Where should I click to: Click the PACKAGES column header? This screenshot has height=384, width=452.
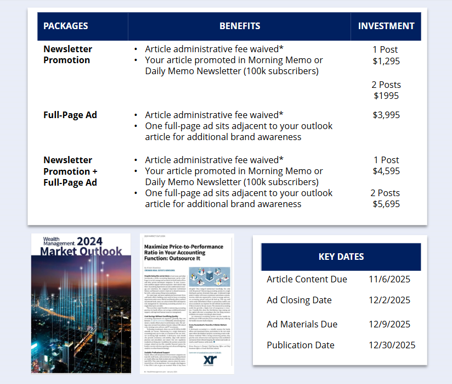coord(66,26)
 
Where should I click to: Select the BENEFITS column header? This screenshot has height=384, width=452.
coord(240,26)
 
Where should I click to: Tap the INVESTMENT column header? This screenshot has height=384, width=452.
coord(386,26)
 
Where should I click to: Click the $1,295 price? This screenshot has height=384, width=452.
coord(386,61)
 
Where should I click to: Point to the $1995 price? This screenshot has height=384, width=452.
coord(386,96)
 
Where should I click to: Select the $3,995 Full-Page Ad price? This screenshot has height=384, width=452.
coord(386,115)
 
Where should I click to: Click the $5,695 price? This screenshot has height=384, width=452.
coord(386,204)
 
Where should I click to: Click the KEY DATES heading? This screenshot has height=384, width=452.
coord(341,257)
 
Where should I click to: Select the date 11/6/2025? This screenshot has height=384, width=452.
coord(389,280)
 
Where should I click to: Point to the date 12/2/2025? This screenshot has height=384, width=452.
coord(389,300)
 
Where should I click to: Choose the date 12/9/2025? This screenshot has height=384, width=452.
coord(389,324)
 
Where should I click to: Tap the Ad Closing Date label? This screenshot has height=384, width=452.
coord(299,300)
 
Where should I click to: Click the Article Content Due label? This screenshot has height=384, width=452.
coord(307,280)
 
